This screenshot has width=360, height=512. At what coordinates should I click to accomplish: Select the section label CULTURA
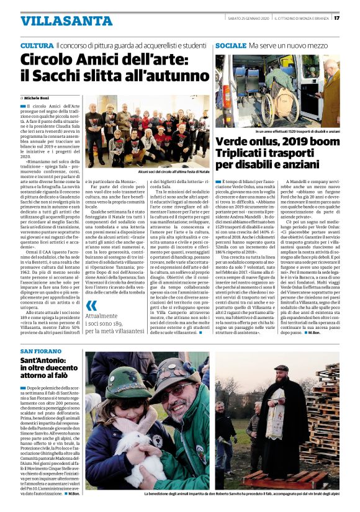coord(37,47)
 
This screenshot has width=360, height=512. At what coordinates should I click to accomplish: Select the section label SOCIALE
coord(230,47)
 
